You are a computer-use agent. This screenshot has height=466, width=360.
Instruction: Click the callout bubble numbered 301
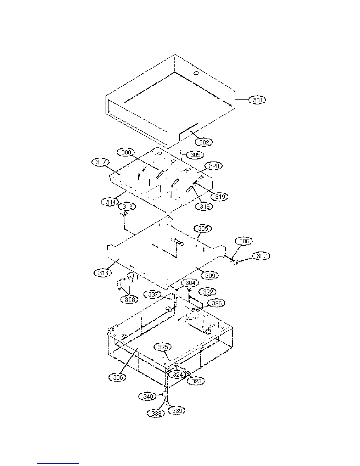point(257,100)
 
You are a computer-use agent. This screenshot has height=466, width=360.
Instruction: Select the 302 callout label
point(204,142)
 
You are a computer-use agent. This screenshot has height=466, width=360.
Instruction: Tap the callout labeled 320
point(214,166)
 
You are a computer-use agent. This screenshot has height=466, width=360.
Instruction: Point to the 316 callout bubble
point(205,207)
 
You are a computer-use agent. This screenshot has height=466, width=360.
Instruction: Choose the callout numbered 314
point(110,202)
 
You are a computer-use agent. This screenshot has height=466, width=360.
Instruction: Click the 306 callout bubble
point(244,241)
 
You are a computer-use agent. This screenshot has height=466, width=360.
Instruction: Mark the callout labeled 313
point(103,273)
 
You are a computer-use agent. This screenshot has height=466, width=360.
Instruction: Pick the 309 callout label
point(210,276)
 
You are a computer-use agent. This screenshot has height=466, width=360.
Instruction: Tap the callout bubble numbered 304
point(190,283)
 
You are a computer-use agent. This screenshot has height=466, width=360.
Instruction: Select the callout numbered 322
point(208,292)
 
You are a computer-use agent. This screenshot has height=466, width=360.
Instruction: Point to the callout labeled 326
point(216,303)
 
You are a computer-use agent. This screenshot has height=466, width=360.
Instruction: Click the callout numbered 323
point(196,381)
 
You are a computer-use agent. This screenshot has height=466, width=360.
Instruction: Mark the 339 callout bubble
point(177,411)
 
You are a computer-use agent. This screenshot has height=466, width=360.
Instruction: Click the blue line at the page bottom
point(58,463)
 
